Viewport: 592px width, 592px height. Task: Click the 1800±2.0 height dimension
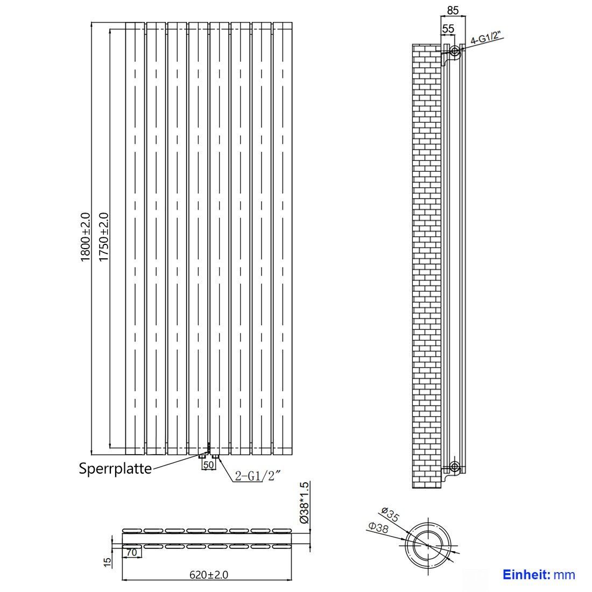pyautogui.click(x=86, y=237)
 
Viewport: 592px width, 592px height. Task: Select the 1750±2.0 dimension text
pyautogui.click(x=103, y=237)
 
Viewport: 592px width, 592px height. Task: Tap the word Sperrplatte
pyautogui.click(x=115, y=469)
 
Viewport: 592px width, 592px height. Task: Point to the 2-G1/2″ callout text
pyautogui.click(x=258, y=476)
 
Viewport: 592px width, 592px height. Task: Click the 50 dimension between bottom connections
pyautogui.click(x=208, y=465)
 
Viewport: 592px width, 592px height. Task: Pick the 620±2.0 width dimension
pyautogui.click(x=209, y=575)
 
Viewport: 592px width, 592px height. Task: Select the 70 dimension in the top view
pyautogui.click(x=131, y=553)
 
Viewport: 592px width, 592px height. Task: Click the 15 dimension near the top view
pyautogui.click(x=108, y=562)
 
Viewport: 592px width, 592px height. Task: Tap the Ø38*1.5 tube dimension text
pyautogui.click(x=304, y=502)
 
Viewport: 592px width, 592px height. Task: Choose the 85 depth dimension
pyautogui.click(x=453, y=10)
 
